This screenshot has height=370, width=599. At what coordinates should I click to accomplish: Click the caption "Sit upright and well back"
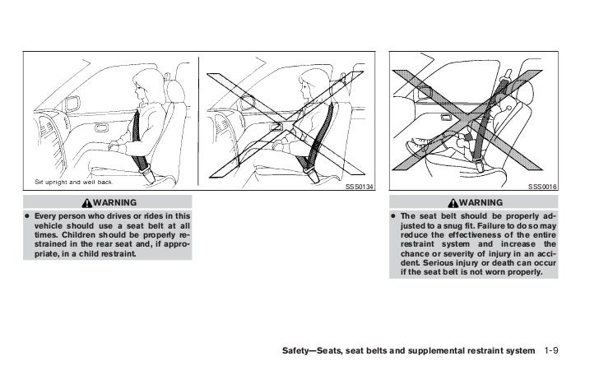coord(77,182)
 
